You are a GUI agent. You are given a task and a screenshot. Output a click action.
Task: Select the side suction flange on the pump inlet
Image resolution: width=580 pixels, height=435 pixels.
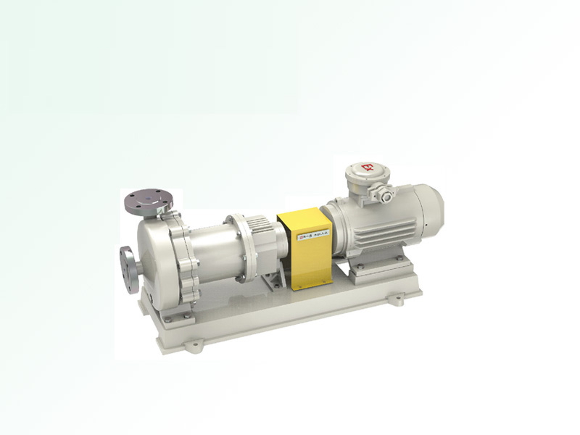(128, 269)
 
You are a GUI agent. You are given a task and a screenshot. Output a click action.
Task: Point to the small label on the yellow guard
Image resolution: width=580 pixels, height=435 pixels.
(311, 234)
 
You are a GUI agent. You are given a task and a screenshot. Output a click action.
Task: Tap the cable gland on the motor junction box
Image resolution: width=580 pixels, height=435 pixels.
(386, 194)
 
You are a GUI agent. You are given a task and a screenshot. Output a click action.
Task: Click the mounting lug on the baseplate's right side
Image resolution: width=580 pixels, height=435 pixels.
(397, 298)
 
